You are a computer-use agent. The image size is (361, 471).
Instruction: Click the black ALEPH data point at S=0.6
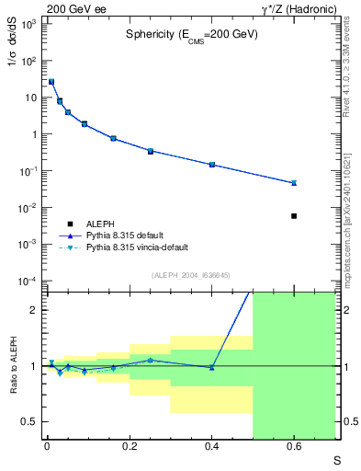point(294,216)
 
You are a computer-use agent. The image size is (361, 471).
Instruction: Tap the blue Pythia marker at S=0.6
point(294,183)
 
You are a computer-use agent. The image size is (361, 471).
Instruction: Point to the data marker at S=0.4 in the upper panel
point(212,165)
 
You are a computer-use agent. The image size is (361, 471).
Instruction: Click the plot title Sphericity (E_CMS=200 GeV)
point(191,34)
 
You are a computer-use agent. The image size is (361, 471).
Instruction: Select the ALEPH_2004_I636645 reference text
point(190,275)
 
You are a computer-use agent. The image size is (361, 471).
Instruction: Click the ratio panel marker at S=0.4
point(212,368)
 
